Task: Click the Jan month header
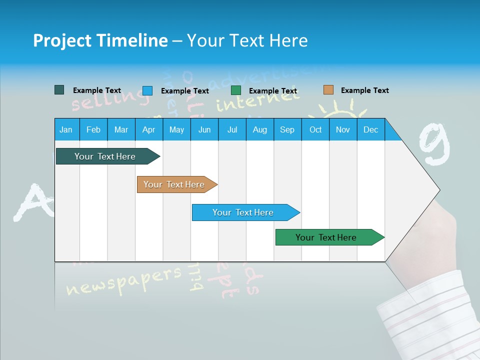pos(66,129)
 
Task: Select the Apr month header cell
pos(148,129)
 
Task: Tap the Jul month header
pos(232,129)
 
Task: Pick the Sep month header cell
pos(287,129)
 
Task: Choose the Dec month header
pos(370,129)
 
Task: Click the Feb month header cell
pos(93,129)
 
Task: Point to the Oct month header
pos(315,129)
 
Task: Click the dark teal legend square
pos(59,90)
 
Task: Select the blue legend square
pos(147,90)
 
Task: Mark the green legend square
pos(236,90)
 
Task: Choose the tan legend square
pos(328,90)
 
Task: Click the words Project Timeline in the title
pos(100,40)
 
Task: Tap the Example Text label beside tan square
pos(364,90)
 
